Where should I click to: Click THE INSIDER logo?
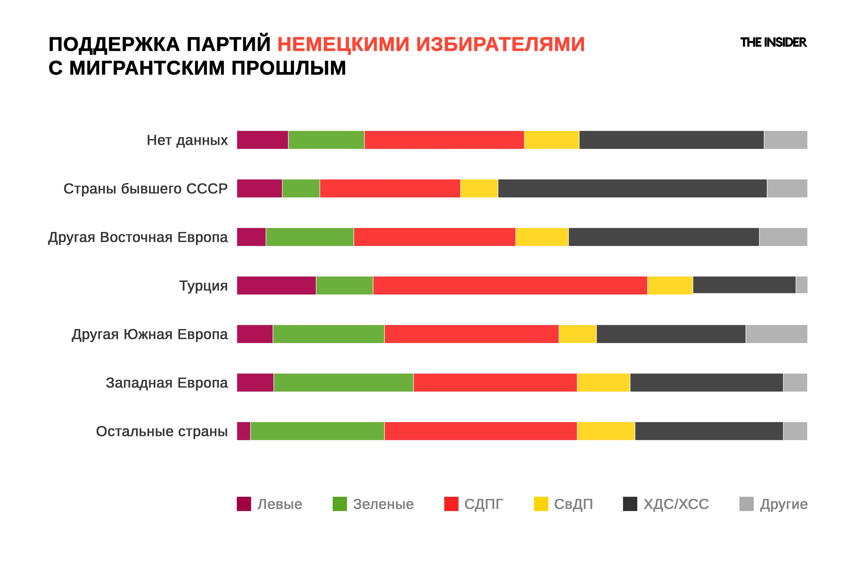point(773,43)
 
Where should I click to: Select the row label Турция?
point(204,286)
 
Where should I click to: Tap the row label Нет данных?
point(187,140)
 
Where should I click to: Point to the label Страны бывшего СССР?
point(146,189)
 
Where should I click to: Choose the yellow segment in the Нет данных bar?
point(551,140)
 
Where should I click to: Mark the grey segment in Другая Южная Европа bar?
point(776,334)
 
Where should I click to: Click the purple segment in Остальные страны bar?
point(243,431)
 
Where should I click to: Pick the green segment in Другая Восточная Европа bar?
point(309,237)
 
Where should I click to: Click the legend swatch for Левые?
point(244,504)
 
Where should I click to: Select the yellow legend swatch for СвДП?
point(541,504)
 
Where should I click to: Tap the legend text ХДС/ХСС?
point(676,504)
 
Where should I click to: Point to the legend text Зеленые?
point(383,504)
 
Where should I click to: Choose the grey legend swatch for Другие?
point(746,504)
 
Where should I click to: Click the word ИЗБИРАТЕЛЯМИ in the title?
point(500,44)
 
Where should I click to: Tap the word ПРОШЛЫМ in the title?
point(289,68)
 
